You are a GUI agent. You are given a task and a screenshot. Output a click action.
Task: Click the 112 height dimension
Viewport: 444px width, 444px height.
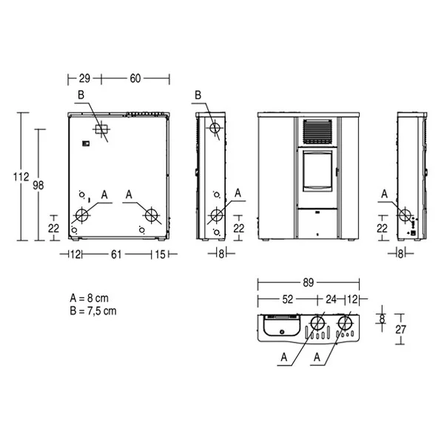point(21,177)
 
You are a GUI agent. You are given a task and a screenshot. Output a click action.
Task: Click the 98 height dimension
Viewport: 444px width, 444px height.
point(38,186)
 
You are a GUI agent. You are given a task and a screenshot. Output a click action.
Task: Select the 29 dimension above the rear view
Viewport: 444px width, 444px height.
point(84,78)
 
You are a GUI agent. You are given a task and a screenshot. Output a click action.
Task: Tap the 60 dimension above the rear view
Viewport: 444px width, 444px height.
point(135,78)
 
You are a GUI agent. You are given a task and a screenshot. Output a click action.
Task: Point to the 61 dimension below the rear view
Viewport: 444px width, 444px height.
point(116,255)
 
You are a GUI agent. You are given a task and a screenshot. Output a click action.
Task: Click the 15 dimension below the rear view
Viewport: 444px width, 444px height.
point(160,255)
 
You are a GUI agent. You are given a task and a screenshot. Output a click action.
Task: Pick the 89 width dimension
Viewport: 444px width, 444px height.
point(309,283)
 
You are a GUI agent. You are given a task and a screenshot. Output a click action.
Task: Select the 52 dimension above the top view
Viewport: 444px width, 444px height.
point(288,299)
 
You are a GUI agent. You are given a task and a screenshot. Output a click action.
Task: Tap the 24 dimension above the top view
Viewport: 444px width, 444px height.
point(331,299)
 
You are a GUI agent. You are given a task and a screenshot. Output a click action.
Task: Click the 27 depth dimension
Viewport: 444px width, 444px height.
point(400,329)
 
